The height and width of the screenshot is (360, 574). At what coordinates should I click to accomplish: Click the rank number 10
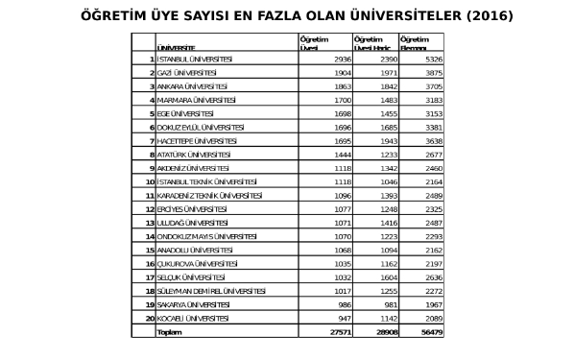[150, 181]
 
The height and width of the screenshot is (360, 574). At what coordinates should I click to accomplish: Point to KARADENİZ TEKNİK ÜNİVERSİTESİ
[211, 195]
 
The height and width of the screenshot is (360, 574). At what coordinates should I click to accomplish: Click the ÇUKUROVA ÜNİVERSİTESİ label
[197, 262]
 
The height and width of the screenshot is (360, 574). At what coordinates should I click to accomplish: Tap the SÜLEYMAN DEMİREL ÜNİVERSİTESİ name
[211, 290]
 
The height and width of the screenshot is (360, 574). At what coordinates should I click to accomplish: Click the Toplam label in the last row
[169, 331]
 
